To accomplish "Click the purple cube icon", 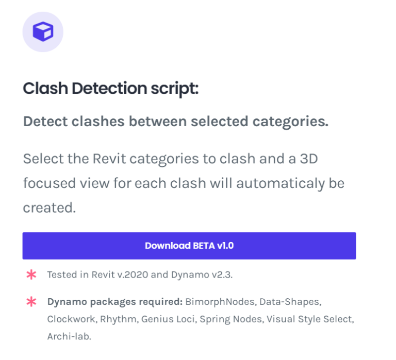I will [43, 32].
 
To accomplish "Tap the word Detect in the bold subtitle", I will [46, 122].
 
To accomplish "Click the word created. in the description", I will [49, 208].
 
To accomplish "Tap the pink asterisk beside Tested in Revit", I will [31, 275].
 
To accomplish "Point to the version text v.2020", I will [133, 275].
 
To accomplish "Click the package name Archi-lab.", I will [69, 336].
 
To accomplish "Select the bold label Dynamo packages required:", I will [115, 302].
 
